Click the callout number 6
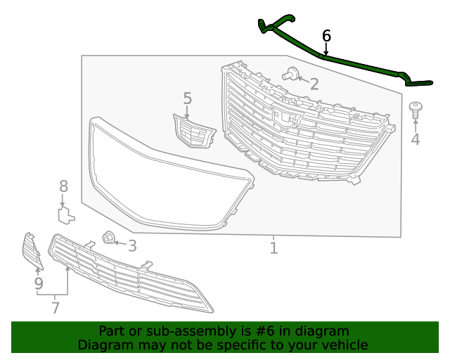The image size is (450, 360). click(326, 35)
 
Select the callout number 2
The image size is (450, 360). click(314, 84)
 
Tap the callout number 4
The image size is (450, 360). click(416, 139)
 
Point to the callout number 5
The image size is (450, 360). click(187, 98)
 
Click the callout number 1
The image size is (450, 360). click(274, 247)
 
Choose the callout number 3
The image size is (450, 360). click(131, 245)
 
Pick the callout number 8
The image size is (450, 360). click(63, 186)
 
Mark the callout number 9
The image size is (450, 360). click(39, 283)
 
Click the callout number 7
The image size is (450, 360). click(55, 307)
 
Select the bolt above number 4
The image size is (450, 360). click(416, 110)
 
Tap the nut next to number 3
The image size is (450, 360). click(109, 238)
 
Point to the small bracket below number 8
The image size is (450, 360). click(65, 213)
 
